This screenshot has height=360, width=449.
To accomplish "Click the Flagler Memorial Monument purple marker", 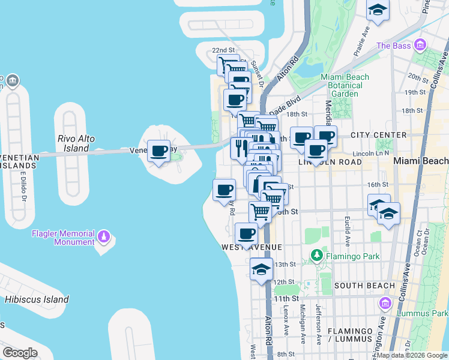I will [105, 236].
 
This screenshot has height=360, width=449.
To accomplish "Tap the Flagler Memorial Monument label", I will [64, 238].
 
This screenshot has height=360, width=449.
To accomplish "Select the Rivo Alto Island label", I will [76, 143].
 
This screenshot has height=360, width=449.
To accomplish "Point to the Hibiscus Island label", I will [37, 299].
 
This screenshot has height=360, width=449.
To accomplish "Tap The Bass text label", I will [393, 46].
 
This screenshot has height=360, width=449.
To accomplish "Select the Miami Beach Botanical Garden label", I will [345, 85].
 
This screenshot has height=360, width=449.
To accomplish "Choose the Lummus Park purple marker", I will [385, 304].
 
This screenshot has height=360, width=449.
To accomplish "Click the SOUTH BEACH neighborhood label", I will [364, 286].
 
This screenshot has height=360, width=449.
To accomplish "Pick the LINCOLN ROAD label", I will [328, 162].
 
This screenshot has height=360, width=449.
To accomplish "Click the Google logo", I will [20, 352].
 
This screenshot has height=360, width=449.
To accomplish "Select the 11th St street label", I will [282, 298].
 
